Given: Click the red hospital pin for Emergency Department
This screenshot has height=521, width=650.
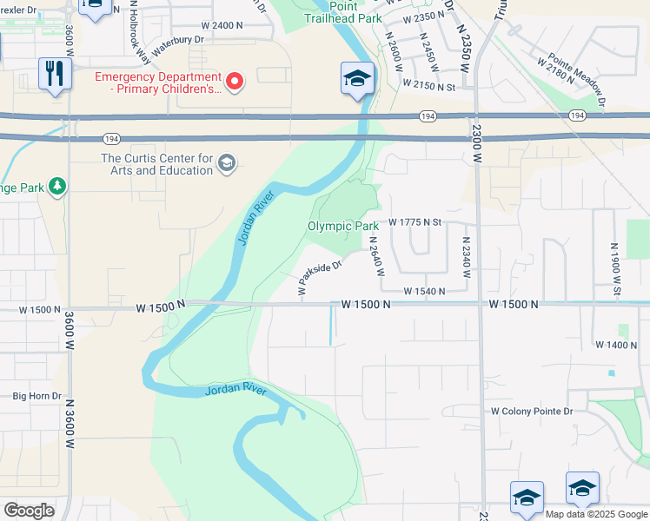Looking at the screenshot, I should (x=234, y=82).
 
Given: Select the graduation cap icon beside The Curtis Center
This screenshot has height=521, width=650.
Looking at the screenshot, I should (x=227, y=164).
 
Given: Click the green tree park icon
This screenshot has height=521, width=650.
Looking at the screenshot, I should (x=57, y=186).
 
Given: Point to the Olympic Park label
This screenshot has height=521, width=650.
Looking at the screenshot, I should (x=342, y=226).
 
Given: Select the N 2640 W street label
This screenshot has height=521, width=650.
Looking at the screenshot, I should (x=376, y=256).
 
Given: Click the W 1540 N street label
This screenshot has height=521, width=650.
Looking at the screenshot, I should (x=424, y=292).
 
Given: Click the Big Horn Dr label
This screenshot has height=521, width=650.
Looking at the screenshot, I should (x=36, y=396).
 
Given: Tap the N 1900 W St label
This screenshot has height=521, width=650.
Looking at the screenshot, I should (x=614, y=267).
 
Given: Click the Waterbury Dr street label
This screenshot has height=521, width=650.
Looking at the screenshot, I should (x=177, y=45).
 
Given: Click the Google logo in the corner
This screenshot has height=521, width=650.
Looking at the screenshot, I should (x=29, y=511).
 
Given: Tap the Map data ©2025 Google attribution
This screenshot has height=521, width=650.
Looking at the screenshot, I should (x=597, y=514).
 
